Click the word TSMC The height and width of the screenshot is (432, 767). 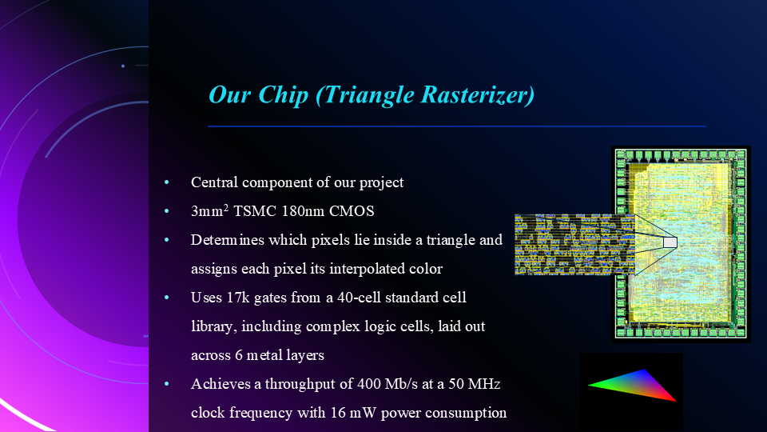coord(236,211)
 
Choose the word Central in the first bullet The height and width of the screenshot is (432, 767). coord(214,182)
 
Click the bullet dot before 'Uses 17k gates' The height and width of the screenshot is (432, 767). coord(167,298)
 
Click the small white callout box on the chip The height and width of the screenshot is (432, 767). coord(670,242)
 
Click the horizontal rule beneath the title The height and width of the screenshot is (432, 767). coord(456,126)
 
